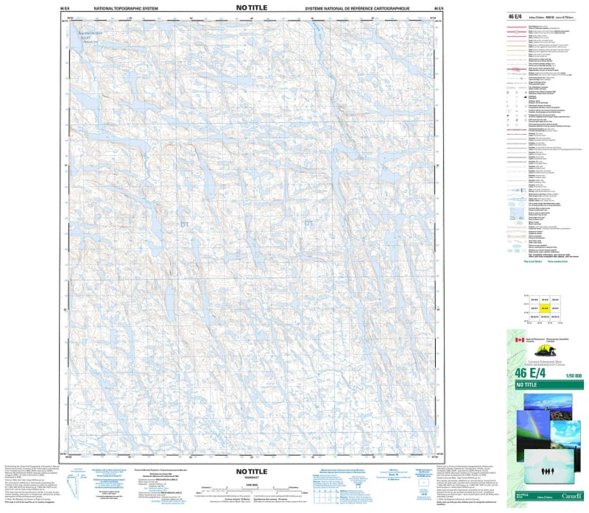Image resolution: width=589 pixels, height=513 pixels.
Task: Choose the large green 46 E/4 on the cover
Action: coord(523,374)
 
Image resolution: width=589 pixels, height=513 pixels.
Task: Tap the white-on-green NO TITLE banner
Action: coord(527,386)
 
